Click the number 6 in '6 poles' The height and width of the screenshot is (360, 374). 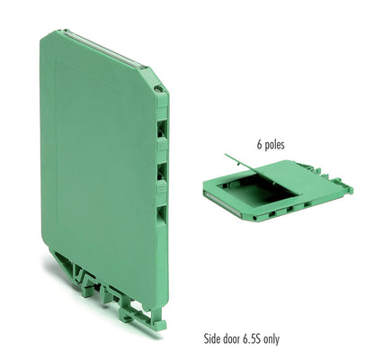point(259,145)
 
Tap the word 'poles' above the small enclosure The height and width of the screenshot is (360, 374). point(275,145)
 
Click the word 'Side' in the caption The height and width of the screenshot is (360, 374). point(212,339)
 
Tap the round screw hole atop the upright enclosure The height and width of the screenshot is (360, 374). point(158,89)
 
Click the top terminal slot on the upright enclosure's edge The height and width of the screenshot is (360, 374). point(162,128)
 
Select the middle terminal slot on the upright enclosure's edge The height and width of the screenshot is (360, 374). point(162,171)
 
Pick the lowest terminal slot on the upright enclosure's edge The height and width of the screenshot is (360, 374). point(162,214)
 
